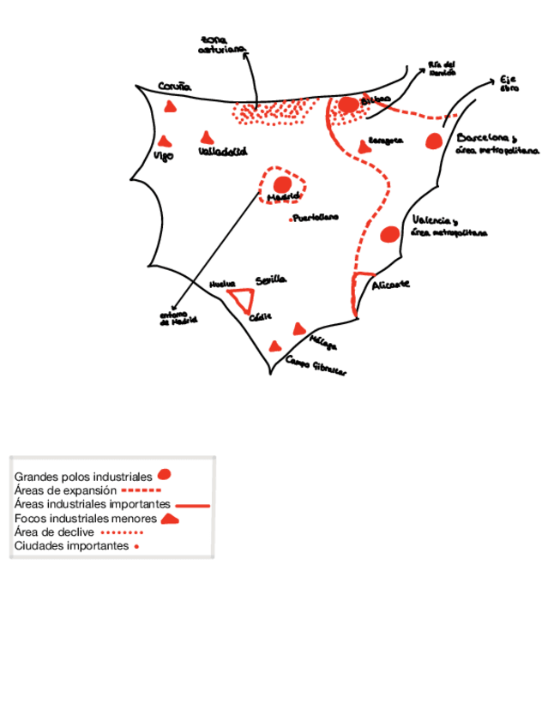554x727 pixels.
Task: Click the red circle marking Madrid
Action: tap(282, 184)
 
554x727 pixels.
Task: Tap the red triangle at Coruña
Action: tap(171, 107)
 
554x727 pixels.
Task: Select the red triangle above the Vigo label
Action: tap(164, 141)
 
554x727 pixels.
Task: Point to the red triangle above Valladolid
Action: tap(206, 137)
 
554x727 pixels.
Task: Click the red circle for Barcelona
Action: tap(434, 141)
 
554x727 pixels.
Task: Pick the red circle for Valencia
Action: tap(389, 234)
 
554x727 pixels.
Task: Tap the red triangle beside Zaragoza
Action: tap(364, 147)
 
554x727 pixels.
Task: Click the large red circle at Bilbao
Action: tap(347, 105)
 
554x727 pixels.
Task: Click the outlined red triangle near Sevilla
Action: tap(242, 300)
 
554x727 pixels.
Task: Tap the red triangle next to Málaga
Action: tap(298, 329)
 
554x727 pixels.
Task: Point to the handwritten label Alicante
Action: tap(390, 284)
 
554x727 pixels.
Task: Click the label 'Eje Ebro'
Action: tap(509, 83)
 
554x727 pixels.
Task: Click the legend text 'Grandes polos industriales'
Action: tap(83, 476)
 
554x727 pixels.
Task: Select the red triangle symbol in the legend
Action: tap(170, 519)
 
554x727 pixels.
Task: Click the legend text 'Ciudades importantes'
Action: tap(71, 546)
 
